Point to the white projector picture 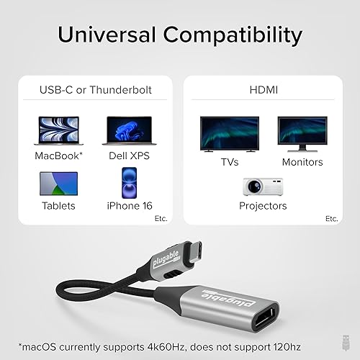[262, 186]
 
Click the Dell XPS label [130, 156]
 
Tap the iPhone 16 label [130, 206]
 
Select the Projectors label [263, 206]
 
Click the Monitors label [302, 162]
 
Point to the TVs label [229, 162]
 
